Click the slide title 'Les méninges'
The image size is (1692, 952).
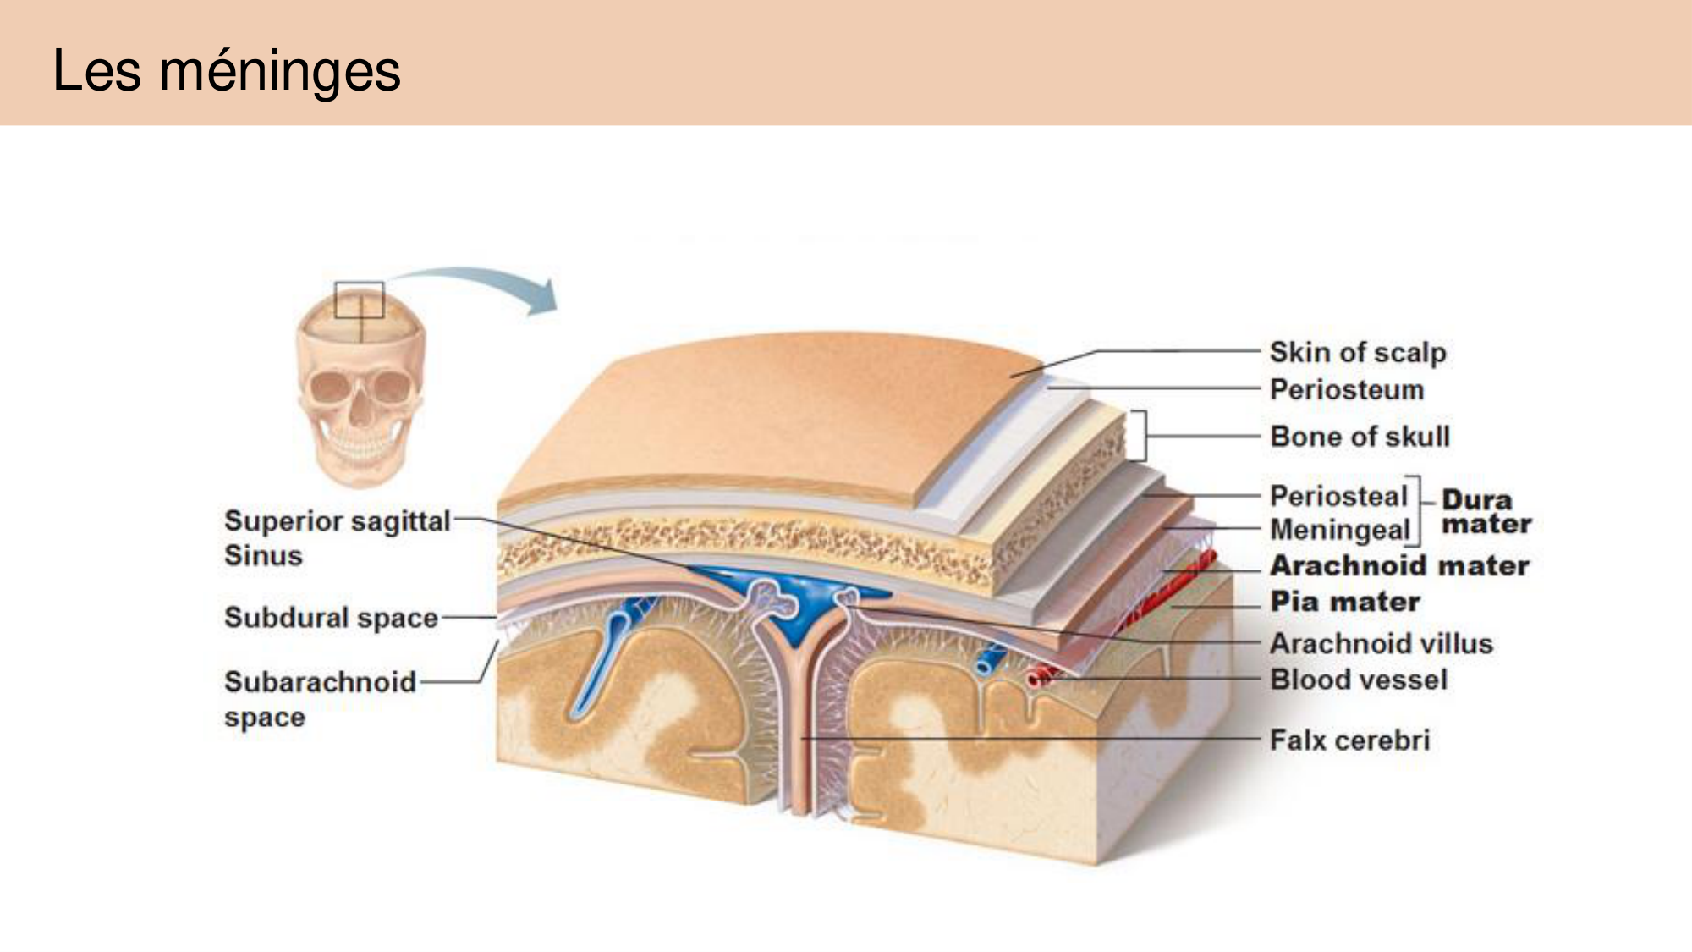[226, 70]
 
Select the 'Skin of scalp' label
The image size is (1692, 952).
[1357, 352]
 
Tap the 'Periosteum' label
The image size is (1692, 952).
[1346, 390]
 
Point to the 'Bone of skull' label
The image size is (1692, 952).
[1360, 437]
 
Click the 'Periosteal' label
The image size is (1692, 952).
[1338, 496]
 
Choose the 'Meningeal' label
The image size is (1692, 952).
[1339, 530]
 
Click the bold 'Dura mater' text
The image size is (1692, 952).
[1486, 512]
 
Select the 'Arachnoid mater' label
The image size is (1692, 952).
[1399, 565]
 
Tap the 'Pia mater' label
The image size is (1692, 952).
[1345, 602]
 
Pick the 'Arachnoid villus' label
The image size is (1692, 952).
[1381, 643]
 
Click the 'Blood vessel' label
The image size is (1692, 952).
[1359, 680]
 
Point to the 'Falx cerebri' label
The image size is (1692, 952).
[1349, 740]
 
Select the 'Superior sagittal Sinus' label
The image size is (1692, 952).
[336, 537]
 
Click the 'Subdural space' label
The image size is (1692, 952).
[331, 618]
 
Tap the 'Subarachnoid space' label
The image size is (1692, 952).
[319, 698]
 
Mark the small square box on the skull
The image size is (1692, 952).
[360, 300]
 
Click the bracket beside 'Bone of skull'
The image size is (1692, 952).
[1139, 436]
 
